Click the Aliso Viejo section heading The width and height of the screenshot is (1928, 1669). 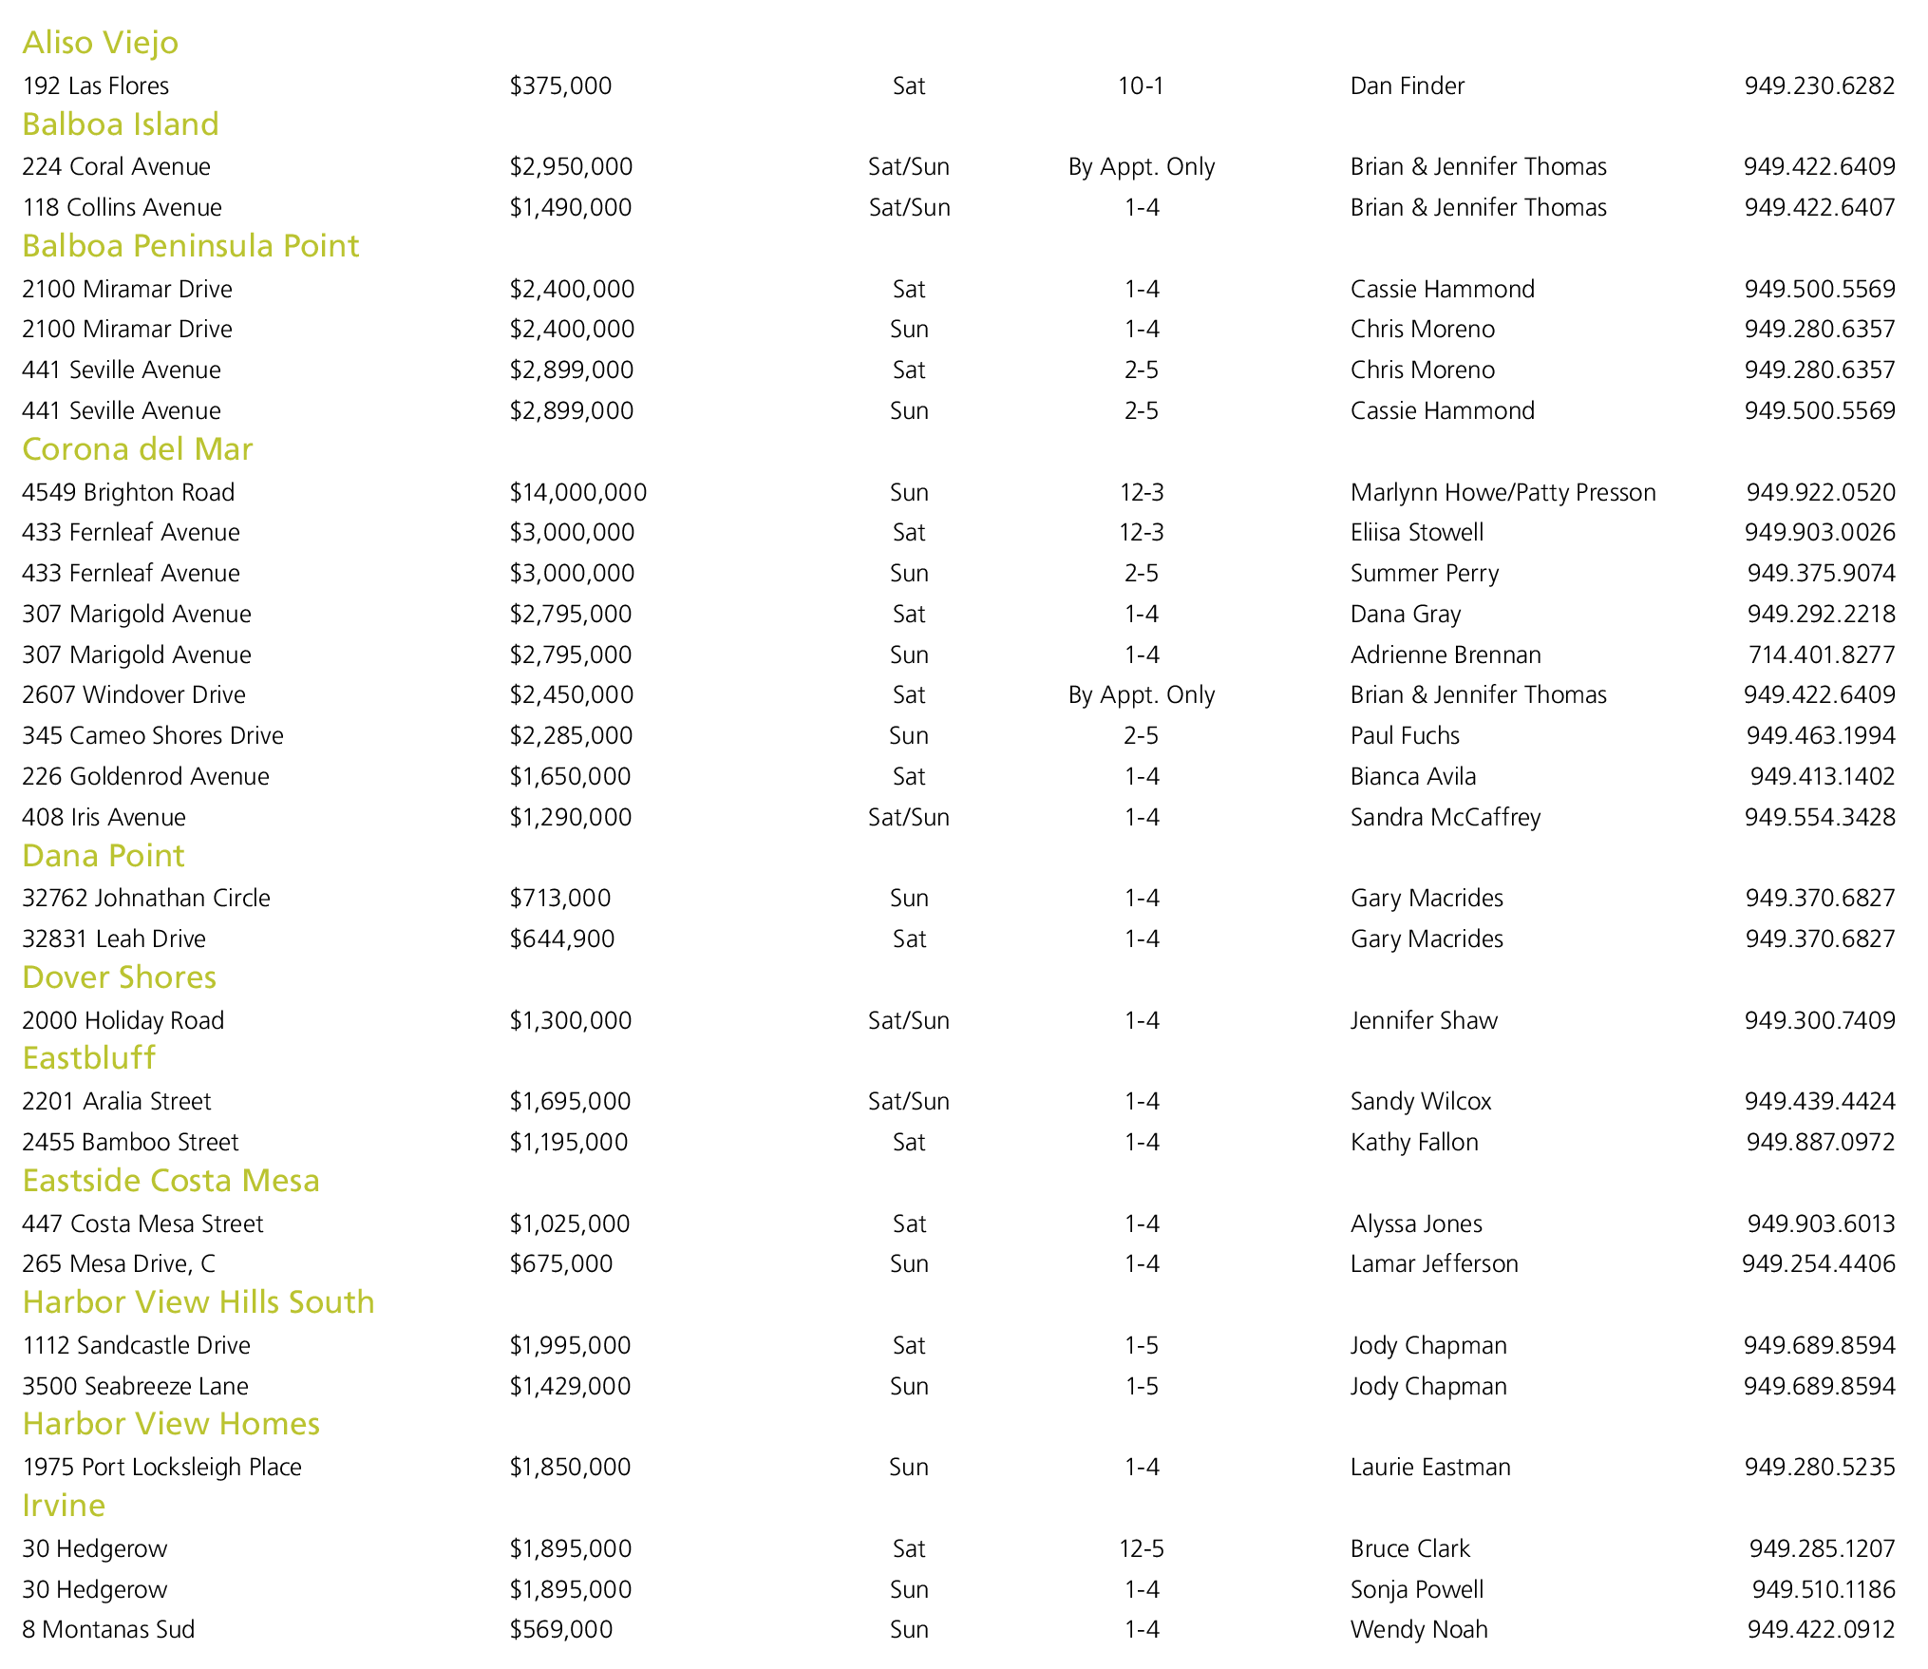tap(100, 43)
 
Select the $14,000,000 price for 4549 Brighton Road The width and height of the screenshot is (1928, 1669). tap(577, 492)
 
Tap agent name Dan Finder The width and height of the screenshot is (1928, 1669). tap(1407, 85)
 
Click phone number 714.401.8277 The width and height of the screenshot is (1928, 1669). tap(1821, 654)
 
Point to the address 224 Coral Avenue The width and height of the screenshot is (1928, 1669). tap(116, 167)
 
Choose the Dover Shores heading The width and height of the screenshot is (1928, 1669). tap(119, 977)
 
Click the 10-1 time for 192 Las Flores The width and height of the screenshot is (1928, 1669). tap(1141, 85)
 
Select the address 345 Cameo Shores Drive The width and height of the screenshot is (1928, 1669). tap(152, 736)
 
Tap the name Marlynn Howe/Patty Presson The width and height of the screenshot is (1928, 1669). tap(1503, 492)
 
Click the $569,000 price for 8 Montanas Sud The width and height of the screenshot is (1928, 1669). tap(560, 1629)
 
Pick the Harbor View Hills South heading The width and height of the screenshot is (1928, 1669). tap(198, 1302)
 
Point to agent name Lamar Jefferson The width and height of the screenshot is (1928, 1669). tap(1434, 1263)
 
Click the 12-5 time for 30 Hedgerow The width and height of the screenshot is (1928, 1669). tap(1141, 1548)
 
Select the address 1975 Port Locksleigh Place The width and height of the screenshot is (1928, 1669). tap(161, 1467)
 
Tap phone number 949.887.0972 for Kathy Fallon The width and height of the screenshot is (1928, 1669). tap(1820, 1142)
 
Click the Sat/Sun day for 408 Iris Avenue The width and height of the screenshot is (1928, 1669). tap(908, 817)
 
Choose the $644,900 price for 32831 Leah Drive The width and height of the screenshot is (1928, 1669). tap(561, 939)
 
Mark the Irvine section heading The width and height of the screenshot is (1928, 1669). tap(64, 1506)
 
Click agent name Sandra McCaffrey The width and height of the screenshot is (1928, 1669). tap(1445, 817)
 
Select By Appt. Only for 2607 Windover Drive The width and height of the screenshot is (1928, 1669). tap(1141, 695)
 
